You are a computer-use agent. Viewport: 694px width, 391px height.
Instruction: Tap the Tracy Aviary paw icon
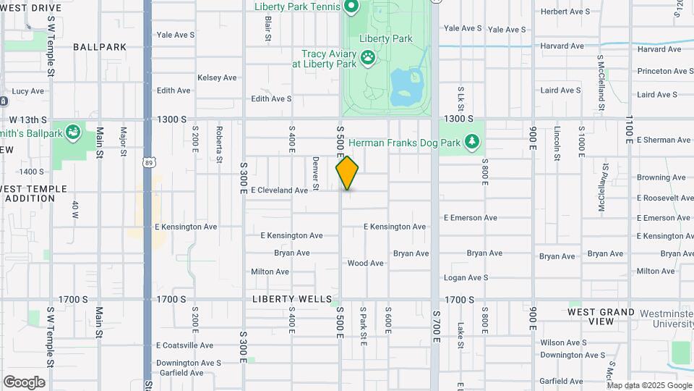click(x=369, y=56)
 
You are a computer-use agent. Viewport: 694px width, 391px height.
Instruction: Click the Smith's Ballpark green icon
click(x=72, y=133)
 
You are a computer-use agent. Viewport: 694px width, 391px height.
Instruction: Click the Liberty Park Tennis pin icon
click(x=352, y=7)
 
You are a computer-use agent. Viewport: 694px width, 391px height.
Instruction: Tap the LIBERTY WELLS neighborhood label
click(x=292, y=299)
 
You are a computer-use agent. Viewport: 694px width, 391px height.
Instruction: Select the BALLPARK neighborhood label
click(x=100, y=47)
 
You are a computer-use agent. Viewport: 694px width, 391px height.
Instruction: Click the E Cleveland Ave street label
click(x=279, y=190)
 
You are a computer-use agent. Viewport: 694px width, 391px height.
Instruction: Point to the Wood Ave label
click(x=365, y=264)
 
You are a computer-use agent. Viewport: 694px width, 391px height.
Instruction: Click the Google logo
click(x=24, y=382)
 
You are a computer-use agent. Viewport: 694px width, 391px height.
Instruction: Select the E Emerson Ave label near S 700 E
click(x=470, y=217)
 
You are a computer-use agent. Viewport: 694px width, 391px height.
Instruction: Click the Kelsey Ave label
click(x=217, y=77)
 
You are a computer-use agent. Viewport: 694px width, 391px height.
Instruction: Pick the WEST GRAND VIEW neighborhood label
click(x=601, y=316)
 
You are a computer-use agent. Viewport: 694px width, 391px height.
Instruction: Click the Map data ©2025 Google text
click(x=649, y=385)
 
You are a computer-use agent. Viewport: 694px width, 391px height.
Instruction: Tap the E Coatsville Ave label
click(x=184, y=345)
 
